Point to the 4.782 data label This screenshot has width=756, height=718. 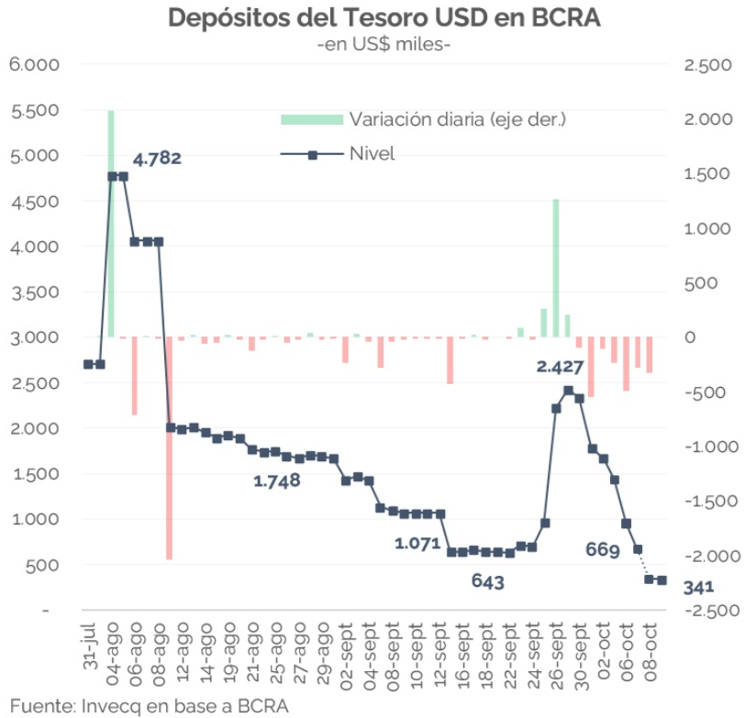(157, 158)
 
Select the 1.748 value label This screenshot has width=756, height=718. (277, 481)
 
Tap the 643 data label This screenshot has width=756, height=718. (488, 580)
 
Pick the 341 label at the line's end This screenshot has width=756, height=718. (699, 588)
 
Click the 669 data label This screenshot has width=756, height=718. (603, 549)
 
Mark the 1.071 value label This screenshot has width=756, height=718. (418, 543)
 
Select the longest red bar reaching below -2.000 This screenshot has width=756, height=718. (170, 449)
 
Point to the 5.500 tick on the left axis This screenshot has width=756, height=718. (33, 110)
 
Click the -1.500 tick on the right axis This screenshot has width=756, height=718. (707, 502)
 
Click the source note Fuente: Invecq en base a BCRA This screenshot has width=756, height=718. (146, 705)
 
